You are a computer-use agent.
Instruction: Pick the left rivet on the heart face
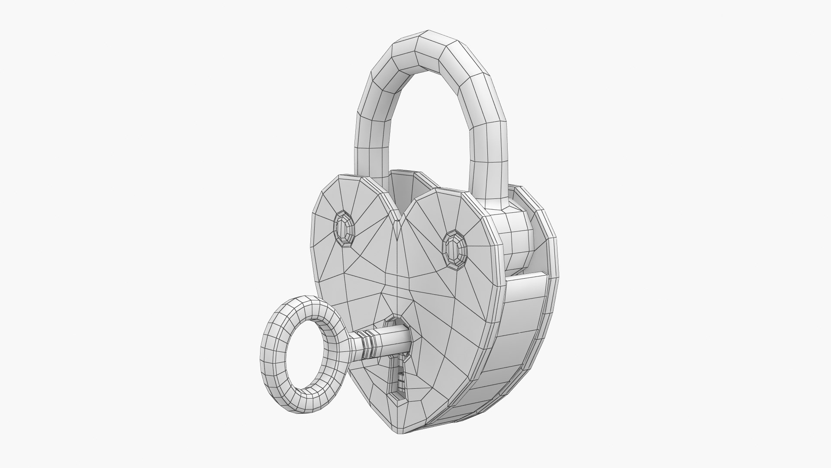coord(345,229)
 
